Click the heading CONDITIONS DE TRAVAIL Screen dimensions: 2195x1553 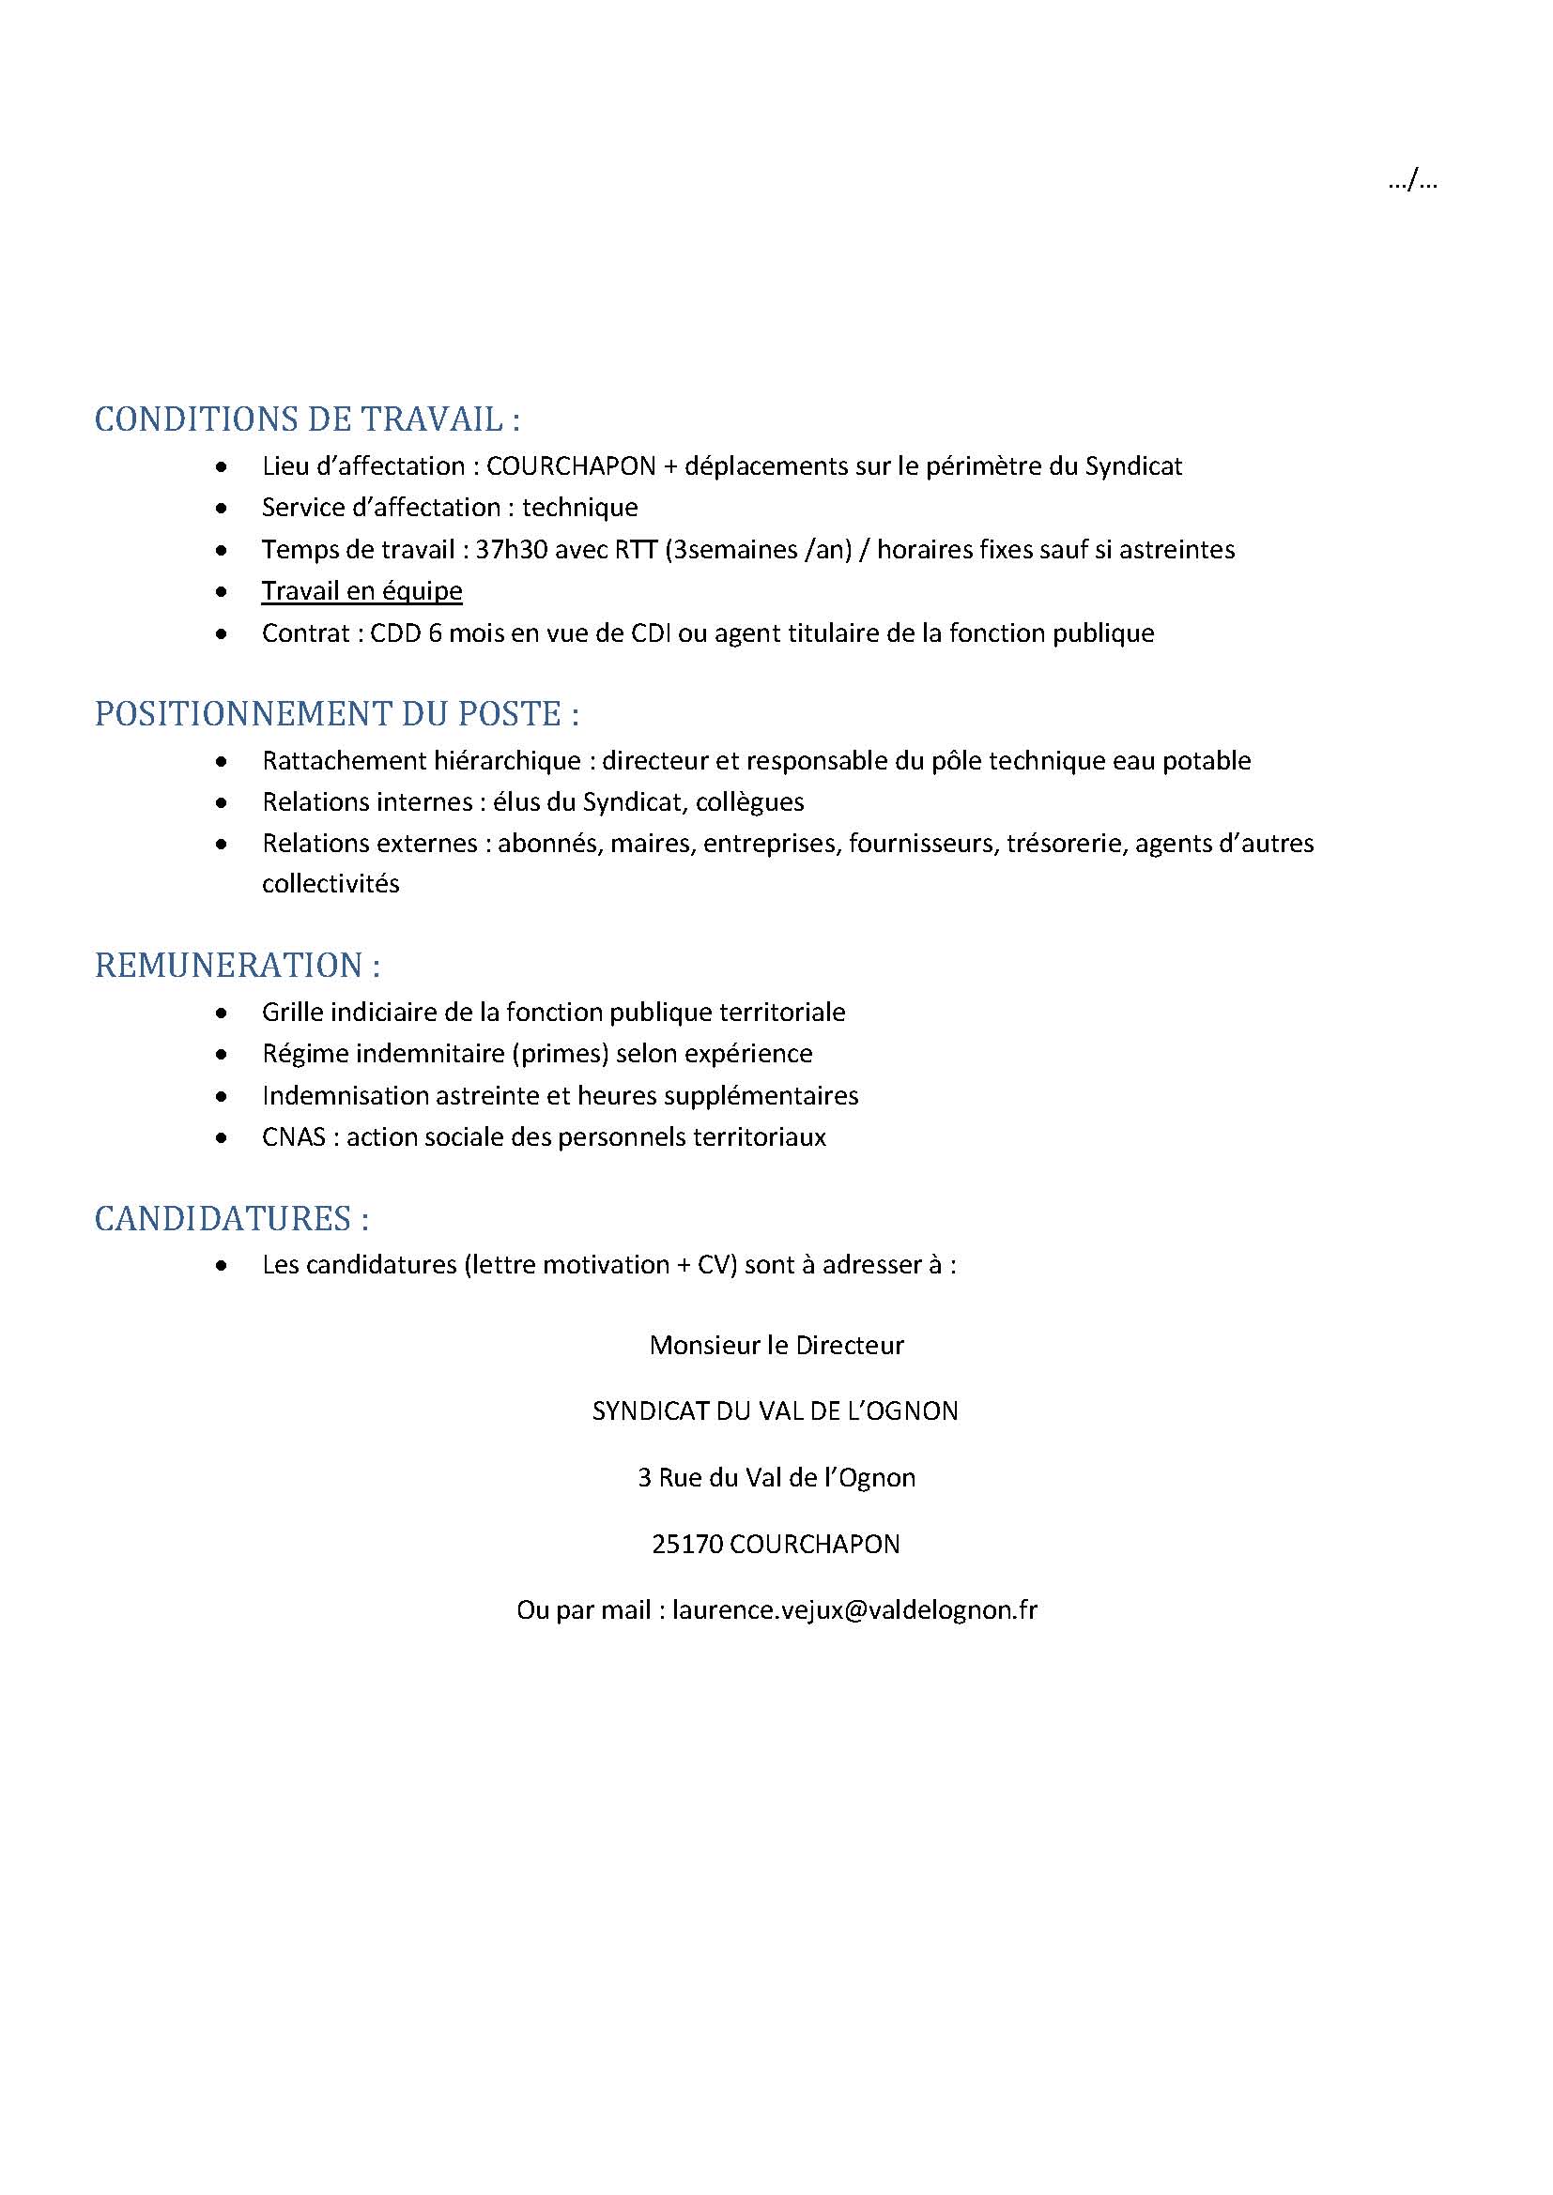pos(307,419)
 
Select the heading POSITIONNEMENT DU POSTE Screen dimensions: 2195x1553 pos(337,714)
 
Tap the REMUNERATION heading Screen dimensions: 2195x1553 pos(238,966)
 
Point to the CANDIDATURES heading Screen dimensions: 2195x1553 pos(231,1219)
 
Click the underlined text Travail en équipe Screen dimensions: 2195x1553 pos(361,591)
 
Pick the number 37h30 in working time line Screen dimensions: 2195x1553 pos(507,550)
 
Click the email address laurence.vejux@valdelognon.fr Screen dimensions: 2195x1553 pos(853,1610)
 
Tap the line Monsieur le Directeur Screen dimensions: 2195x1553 pos(776,1345)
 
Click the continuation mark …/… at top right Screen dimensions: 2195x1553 pos(1412,180)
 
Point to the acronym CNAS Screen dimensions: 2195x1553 pos(294,1137)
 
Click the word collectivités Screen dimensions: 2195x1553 pos(330,883)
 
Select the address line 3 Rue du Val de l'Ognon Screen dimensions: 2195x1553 pos(776,1478)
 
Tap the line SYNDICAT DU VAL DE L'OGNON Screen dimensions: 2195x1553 pos(776,1411)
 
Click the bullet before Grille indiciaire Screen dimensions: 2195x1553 pos(222,1013)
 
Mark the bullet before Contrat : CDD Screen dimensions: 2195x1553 pos(222,633)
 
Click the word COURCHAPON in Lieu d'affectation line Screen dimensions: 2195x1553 pos(571,466)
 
